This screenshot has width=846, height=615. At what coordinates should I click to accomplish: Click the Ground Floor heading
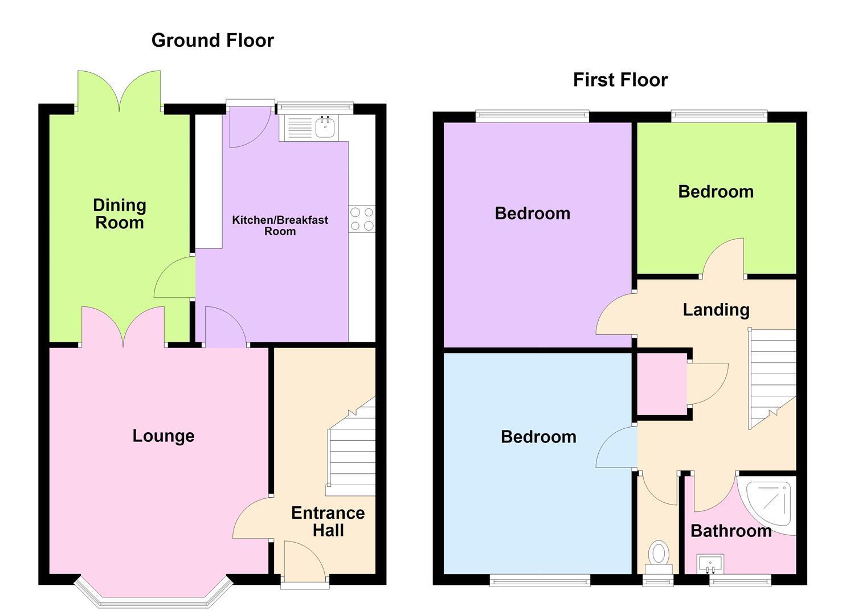tap(212, 41)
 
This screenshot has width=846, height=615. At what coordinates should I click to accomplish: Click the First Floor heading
tap(620, 80)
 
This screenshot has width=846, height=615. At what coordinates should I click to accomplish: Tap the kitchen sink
tap(309, 128)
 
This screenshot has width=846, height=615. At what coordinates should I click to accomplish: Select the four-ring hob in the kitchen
tap(362, 219)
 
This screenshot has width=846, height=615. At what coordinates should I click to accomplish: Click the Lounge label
tap(164, 436)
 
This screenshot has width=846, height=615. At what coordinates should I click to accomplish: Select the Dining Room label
tap(120, 214)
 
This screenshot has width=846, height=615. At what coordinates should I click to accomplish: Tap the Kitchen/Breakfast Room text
tap(280, 225)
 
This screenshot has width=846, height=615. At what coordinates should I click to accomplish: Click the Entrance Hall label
tap(328, 522)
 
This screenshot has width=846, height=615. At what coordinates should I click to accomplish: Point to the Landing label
tap(716, 310)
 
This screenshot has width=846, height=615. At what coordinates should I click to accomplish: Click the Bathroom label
tap(731, 531)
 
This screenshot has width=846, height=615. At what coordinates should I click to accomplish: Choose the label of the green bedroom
tap(716, 192)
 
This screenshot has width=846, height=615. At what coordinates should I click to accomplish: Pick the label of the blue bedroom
tap(538, 437)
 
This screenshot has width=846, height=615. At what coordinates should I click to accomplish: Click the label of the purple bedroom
tap(533, 214)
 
